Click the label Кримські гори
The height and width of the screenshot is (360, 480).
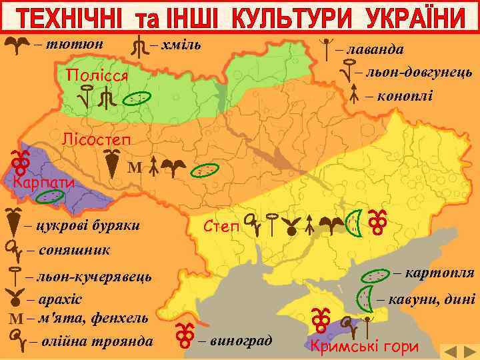365,346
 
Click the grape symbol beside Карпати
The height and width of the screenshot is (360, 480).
19,161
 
